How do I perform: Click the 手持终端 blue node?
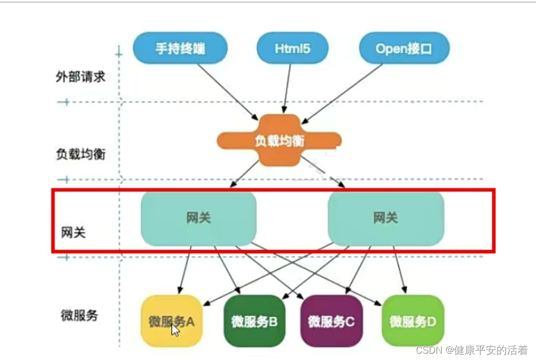(x=180, y=49)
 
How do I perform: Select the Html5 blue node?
(x=292, y=49)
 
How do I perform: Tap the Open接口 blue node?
(x=404, y=49)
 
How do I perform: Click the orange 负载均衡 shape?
(x=279, y=141)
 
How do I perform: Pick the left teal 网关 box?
(x=198, y=218)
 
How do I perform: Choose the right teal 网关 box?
(x=386, y=218)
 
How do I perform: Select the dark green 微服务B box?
(x=255, y=320)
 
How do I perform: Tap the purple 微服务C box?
(x=331, y=320)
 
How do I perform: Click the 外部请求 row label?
(x=80, y=77)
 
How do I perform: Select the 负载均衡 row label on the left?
(x=80, y=154)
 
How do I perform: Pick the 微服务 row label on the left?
(x=79, y=316)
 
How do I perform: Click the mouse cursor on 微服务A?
(x=175, y=330)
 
